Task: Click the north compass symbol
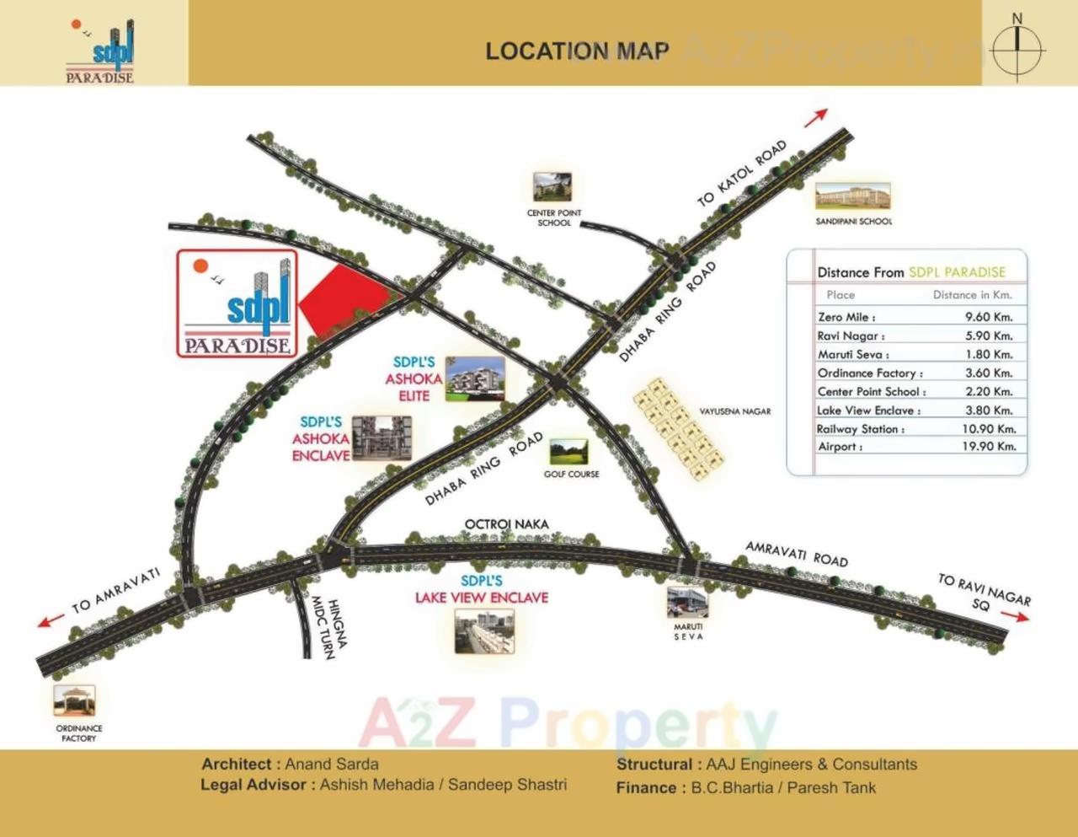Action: tap(1017, 48)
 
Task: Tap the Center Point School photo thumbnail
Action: tap(552, 187)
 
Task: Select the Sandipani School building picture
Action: tap(853, 196)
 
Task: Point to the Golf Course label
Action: tap(571, 475)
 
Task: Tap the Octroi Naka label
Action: tap(507, 524)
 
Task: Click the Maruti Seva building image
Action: tap(687, 602)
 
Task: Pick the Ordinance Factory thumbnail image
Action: tap(75, 700)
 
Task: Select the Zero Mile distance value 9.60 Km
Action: tap(989, 317)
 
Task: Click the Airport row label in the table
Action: tap(840, 447)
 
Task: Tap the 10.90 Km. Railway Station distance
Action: tap(989, 428)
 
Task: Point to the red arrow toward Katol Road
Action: tap(815, 118)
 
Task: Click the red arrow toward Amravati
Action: tap(51, 621)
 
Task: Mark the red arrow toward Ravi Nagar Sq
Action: tap(1015, 616)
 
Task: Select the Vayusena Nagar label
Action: tap(734, 411)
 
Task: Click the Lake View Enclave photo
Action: tap(483, 631)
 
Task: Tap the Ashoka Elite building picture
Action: tap(476, 378)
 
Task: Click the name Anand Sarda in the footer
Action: tap(332, 765)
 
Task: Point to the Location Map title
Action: tap(577, 51)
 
